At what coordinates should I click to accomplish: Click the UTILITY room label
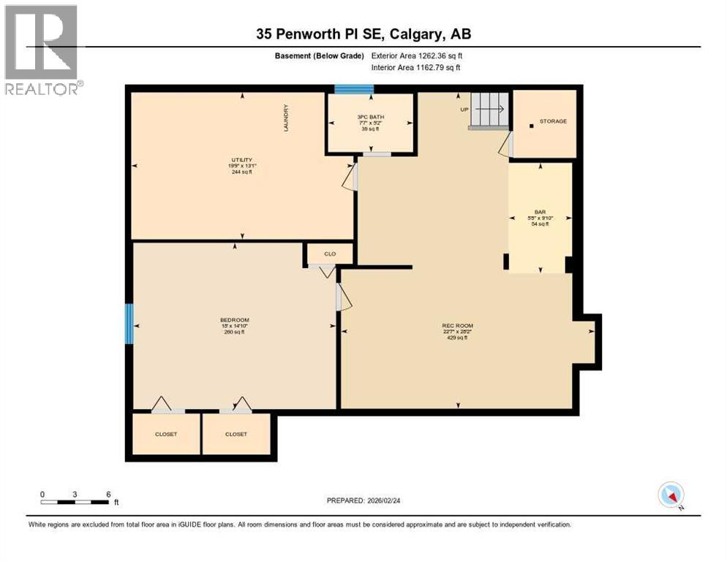[x=242, y=160]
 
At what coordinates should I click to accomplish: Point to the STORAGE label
[x=553, y=121]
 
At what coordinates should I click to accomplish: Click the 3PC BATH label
[x=370, y=117]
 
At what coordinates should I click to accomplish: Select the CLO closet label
[x=330, y=254]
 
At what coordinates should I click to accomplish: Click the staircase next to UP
[x=489, y=110]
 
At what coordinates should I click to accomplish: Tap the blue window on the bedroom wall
[x=129, y=324]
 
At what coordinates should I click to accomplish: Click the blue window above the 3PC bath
[x=354, y=90]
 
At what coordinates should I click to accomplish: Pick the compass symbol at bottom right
[x=670, y=495]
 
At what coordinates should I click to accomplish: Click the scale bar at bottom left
[x=75, y=502]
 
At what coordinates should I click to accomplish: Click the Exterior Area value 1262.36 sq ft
[x=416, y=56]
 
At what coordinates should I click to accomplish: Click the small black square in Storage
[x=531, y=126]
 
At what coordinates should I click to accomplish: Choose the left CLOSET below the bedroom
[x=166, y=434]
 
